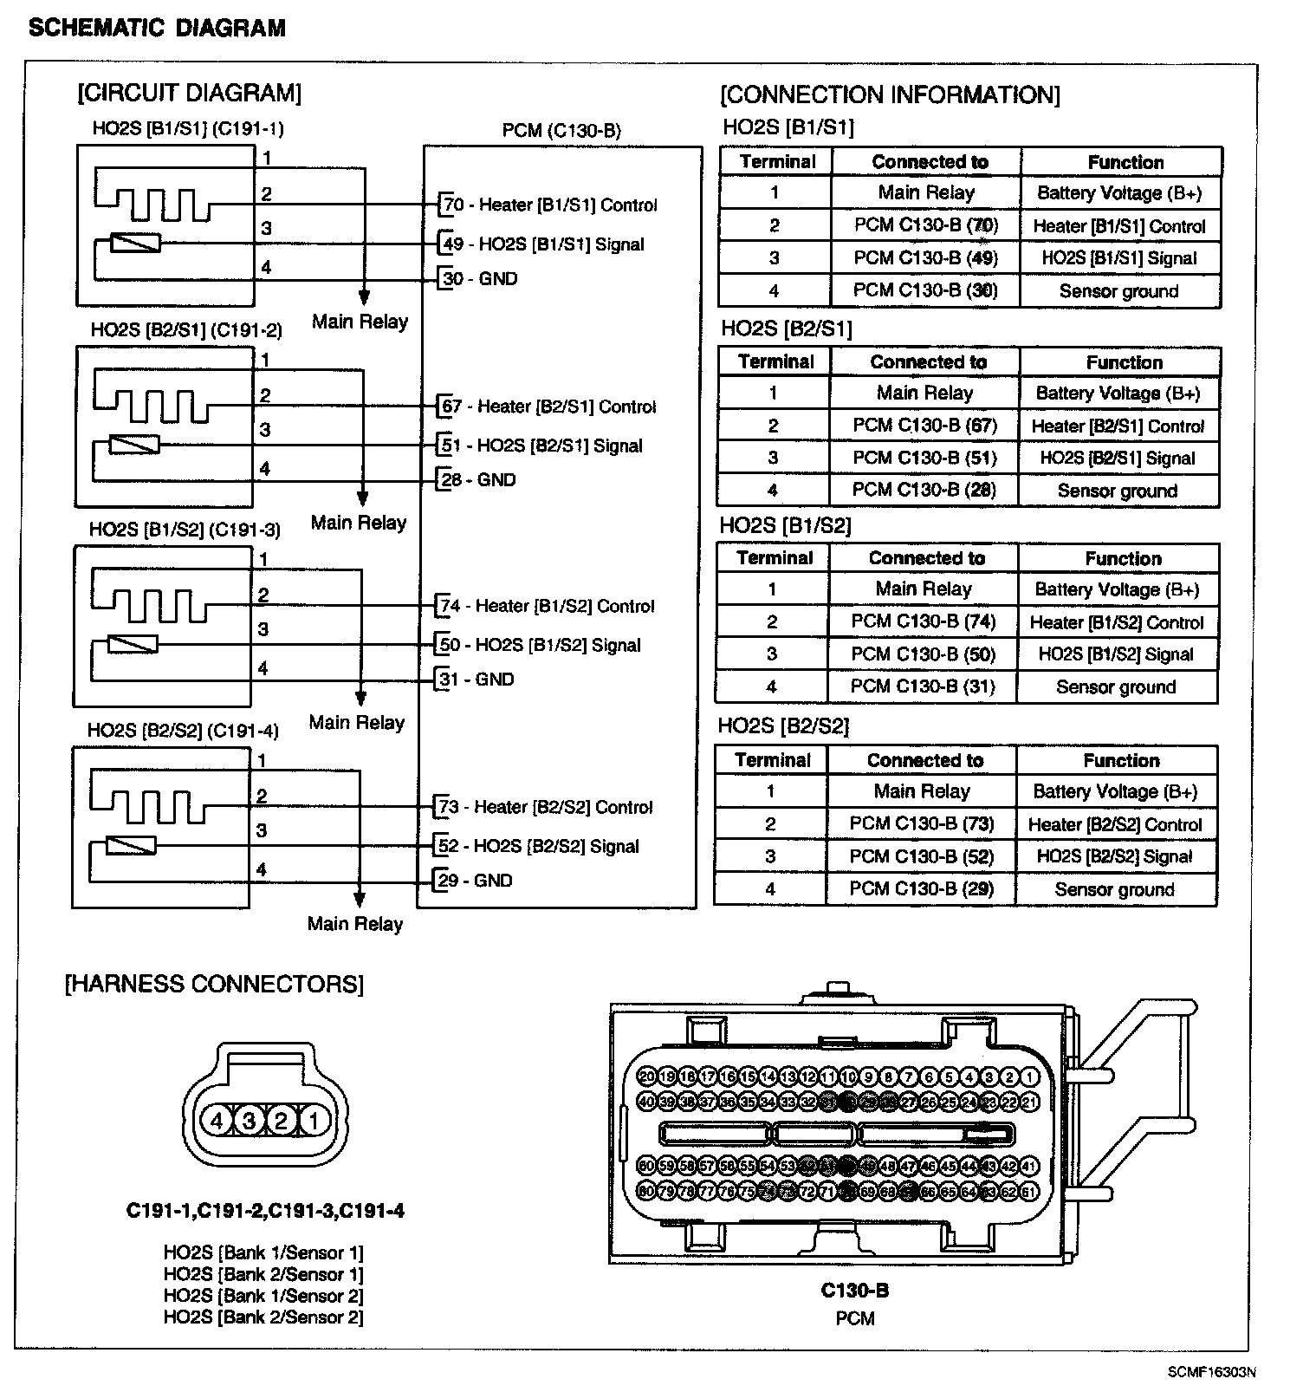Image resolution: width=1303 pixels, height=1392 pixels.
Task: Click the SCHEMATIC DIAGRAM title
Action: (157, 28)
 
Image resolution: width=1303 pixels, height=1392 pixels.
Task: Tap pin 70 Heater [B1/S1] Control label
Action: (550, 205)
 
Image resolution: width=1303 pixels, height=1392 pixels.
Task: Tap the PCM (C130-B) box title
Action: (561, 131)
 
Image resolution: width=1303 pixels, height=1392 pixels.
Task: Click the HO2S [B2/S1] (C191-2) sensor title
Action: (186, 330)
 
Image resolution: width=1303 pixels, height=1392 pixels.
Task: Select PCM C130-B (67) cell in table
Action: (924, 426)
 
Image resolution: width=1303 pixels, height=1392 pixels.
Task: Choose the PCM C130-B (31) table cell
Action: (923, 686)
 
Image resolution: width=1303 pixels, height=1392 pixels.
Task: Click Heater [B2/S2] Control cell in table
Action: (1115, 824)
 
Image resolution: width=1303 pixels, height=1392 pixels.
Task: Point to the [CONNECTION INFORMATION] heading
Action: (890, 94)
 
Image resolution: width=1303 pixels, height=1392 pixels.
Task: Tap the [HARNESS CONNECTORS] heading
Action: (214, 984)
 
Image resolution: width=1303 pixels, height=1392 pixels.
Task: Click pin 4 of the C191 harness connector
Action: (217, 1121)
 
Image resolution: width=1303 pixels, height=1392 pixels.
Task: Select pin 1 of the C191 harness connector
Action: (314, 1121)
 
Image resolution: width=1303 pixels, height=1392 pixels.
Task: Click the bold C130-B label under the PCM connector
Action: (854, 1291)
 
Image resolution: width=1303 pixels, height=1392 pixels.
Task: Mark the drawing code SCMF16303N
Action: (1211, 1372)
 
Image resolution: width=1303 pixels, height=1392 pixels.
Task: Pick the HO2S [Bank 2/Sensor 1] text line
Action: (263, 1274)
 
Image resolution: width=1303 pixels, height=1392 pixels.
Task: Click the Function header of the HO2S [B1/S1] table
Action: (1125, 162)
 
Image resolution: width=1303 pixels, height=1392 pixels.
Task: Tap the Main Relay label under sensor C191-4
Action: (355, 924)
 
